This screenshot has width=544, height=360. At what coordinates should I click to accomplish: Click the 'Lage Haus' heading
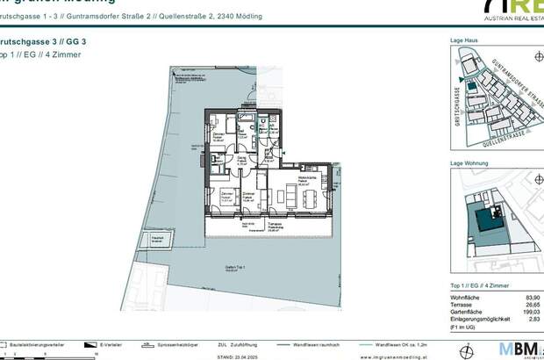tap(464, 40)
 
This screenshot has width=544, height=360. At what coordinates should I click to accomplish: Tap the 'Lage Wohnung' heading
tap(469, 164)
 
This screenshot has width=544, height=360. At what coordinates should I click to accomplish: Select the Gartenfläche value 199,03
tap(531, 315)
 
